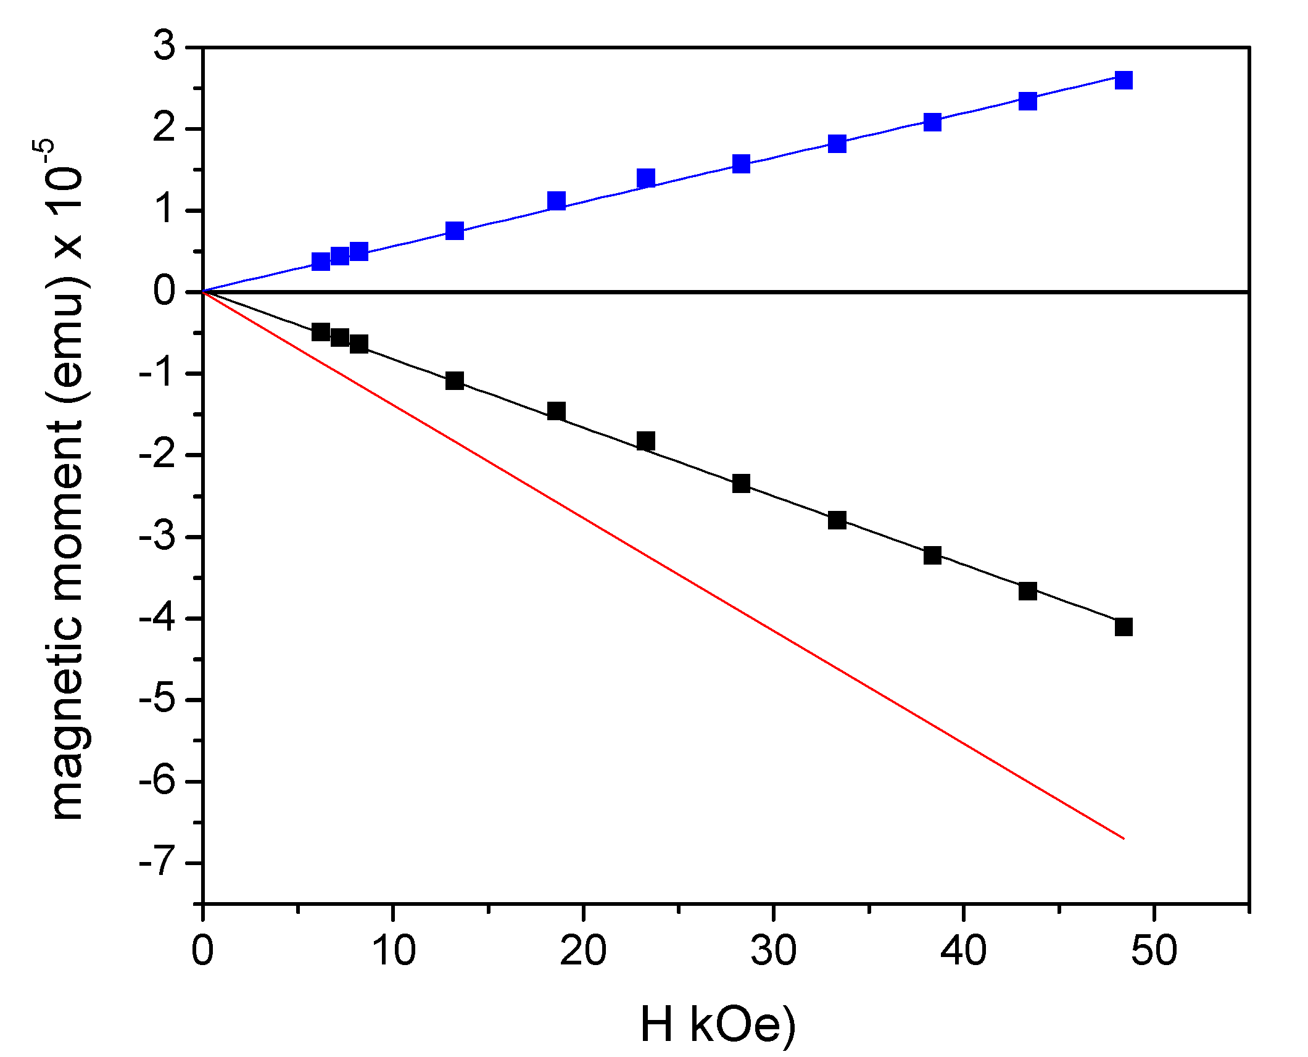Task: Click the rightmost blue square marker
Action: click(1124, 80)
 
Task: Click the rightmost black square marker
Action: click(1124, 627)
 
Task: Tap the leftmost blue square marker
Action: click(321, 262)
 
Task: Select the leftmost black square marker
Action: click(321, 332)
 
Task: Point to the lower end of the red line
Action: click(1124, 838)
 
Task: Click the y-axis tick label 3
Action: click(164, 46)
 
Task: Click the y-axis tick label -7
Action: click(158, 863)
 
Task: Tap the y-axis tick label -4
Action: click(158, 618)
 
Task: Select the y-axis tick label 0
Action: click(164, 291)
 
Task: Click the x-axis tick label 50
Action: click(1153, 950)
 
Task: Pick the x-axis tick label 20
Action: click(582, 950)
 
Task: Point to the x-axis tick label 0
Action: click(202, 950)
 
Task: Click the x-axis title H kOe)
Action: click(718, 1025)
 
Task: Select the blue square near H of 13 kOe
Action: click(455, 231)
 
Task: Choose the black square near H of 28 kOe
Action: click(741, 483)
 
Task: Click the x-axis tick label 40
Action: click(963, 950)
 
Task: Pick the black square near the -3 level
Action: click(837, 520)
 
